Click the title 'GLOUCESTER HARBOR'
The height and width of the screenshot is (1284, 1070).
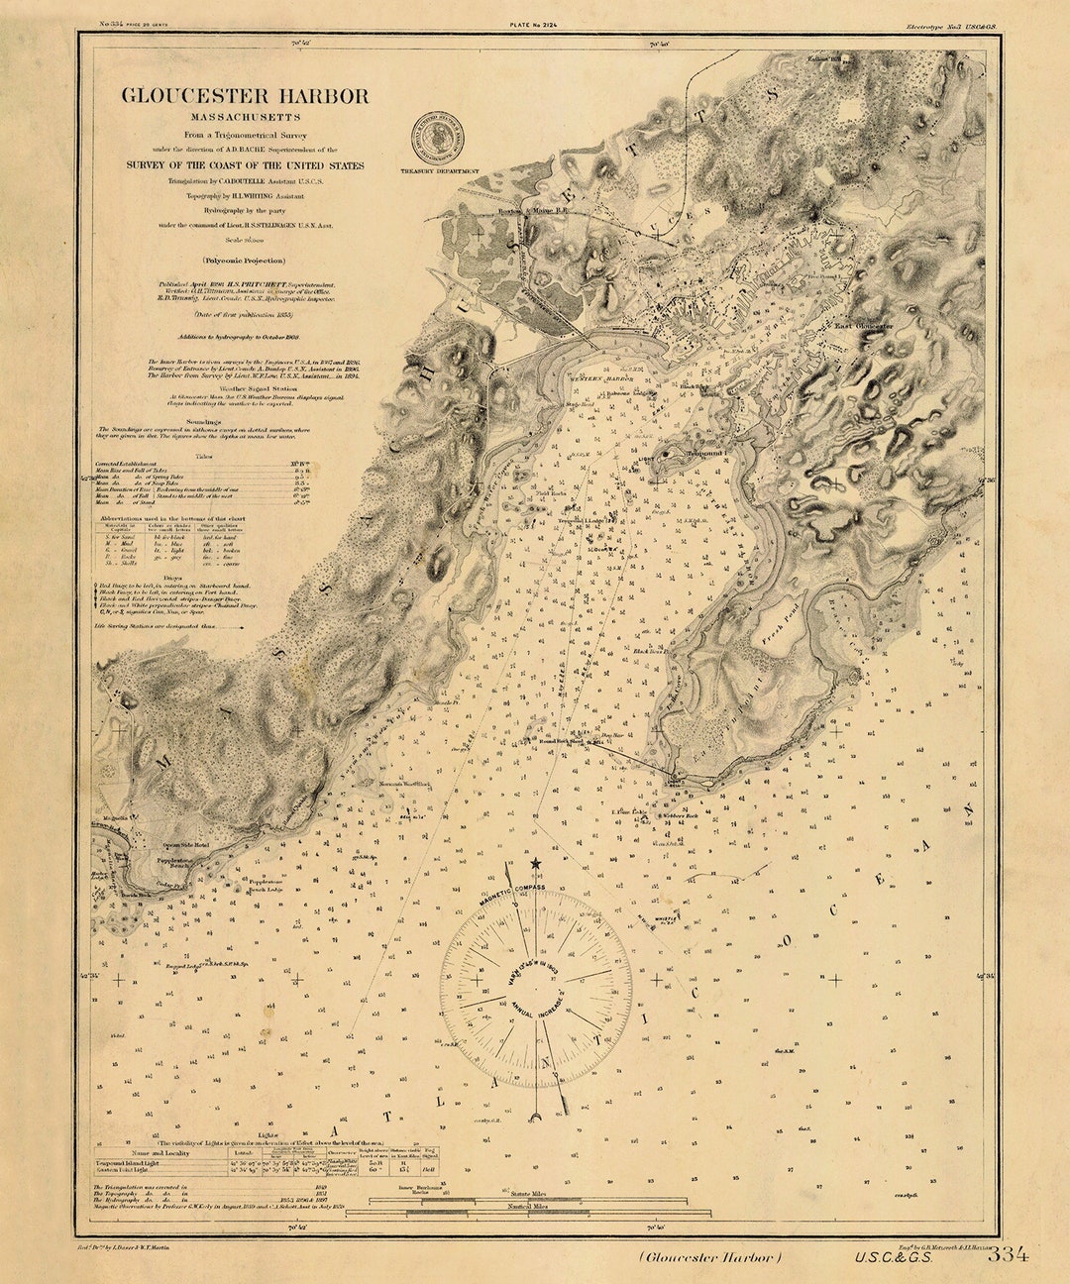point(245,96)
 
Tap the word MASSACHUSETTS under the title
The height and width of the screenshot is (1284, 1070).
point(245,117)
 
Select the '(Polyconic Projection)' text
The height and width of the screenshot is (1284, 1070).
point(245,260)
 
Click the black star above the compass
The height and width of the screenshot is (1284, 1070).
point(536,864)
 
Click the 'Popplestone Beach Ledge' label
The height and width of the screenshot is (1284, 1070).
point(267,885)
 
